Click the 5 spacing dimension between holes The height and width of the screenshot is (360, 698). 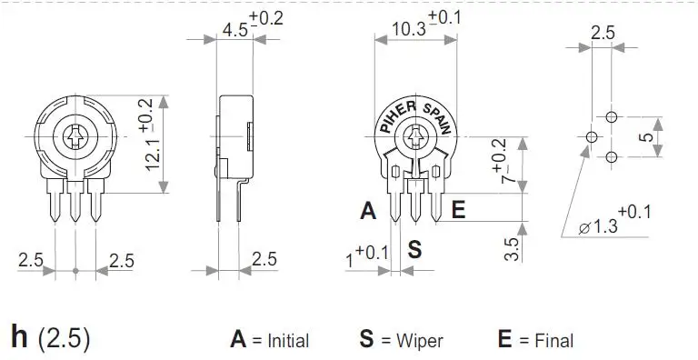(x=646, y=137)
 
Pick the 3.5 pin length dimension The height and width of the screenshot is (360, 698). (x=513, y=249)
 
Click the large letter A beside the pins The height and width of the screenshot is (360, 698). (x=368, y=210)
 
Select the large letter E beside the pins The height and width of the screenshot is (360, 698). (x=458, y=210)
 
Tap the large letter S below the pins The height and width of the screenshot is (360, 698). (x=414, y=249)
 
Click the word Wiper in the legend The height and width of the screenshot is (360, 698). (x=420, y=341)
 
